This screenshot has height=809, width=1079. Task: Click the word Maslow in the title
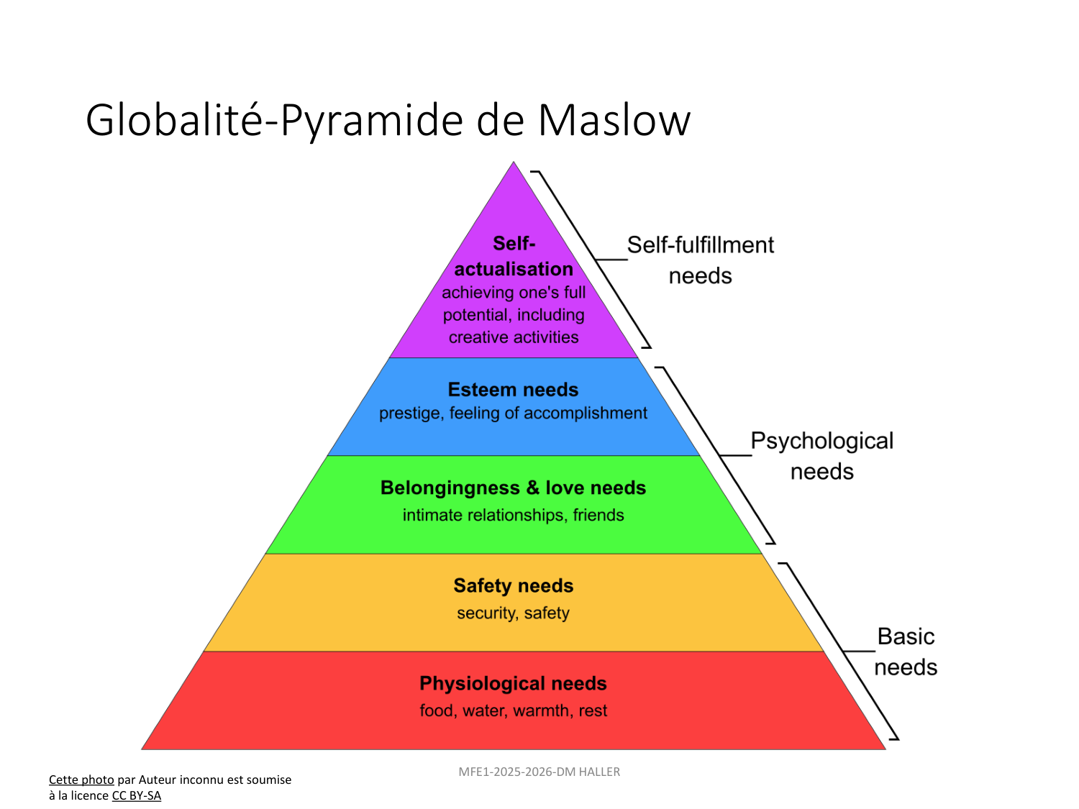click(x=614, y=120)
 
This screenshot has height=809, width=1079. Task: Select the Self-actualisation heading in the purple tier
click(x=514, y=257)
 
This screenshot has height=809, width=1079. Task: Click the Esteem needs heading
click(x=513, y=390)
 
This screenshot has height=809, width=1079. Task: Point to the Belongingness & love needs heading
click(x=513, y=488)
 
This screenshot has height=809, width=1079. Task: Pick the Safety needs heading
click(x=513, y=586)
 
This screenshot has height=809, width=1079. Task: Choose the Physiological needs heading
click(x=513, y=684)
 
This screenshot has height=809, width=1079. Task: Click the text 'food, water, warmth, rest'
click(x=513, y=711)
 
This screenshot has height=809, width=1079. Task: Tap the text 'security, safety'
click(x=513, y=613)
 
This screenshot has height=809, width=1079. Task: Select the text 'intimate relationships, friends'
click(x=513, y=516)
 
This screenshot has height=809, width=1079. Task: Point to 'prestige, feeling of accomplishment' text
click(x=513, y=413)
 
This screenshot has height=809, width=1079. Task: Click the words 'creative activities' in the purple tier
click(x=514, y=337)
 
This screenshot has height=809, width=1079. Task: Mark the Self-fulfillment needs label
click(x=700, y=260)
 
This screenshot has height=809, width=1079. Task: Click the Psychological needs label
click(x=821, y=456)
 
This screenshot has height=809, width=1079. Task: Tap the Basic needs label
click(x=906, y=652)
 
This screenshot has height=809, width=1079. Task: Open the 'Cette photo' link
click(x=81, y=780)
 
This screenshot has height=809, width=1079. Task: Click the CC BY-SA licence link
click(x=137, y=796)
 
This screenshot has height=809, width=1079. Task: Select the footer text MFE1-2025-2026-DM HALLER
click(x=539, y=772)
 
